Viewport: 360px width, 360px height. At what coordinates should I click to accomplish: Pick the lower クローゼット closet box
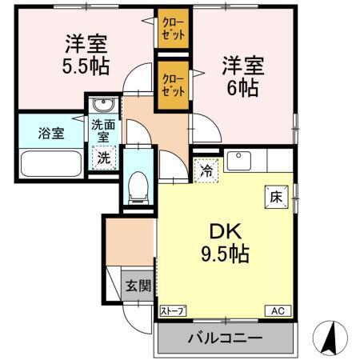(x=173, y=84)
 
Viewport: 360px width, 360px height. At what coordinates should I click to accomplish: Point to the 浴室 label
(x=51, y=133)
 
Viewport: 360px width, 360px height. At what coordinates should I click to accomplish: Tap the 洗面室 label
(x=102, y=130)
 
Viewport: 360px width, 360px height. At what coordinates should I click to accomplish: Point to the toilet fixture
(x=138, y=186)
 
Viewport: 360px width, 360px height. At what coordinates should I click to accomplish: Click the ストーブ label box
(x=173, y=310)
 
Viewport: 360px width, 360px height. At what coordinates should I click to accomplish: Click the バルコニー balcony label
(x=225, y=338)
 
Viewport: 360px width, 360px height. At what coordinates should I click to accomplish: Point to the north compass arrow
(x=329, y=337)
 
